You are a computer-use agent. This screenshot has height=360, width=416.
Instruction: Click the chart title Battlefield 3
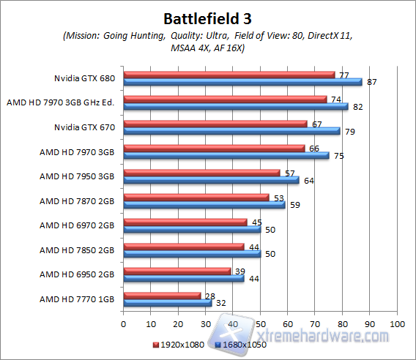tap(207, 16)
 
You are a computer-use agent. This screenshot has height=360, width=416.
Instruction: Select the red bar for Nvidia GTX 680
tap(229, 75)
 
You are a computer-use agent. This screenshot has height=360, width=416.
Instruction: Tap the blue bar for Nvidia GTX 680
tap(242, 82)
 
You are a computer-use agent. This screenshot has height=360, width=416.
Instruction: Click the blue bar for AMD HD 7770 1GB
tap(168, 303)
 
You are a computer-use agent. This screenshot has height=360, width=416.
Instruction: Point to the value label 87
tap(371, 82)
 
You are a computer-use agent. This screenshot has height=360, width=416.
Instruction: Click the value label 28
tap(210, 295)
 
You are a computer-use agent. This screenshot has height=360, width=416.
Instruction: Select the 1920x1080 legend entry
tap(178, 344)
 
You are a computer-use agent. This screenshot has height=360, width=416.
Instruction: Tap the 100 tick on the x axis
tap(397, 323)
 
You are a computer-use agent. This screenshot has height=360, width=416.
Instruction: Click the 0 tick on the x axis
tap(124, 323)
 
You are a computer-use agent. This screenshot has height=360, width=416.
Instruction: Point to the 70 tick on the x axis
tap(315, 323)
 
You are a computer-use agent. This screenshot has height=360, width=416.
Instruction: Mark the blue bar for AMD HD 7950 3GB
tap(211, 180)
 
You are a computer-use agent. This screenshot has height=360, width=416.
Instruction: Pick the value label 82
tap(357, 107)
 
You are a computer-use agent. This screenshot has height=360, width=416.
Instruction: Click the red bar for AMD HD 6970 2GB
tap(185, 222)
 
